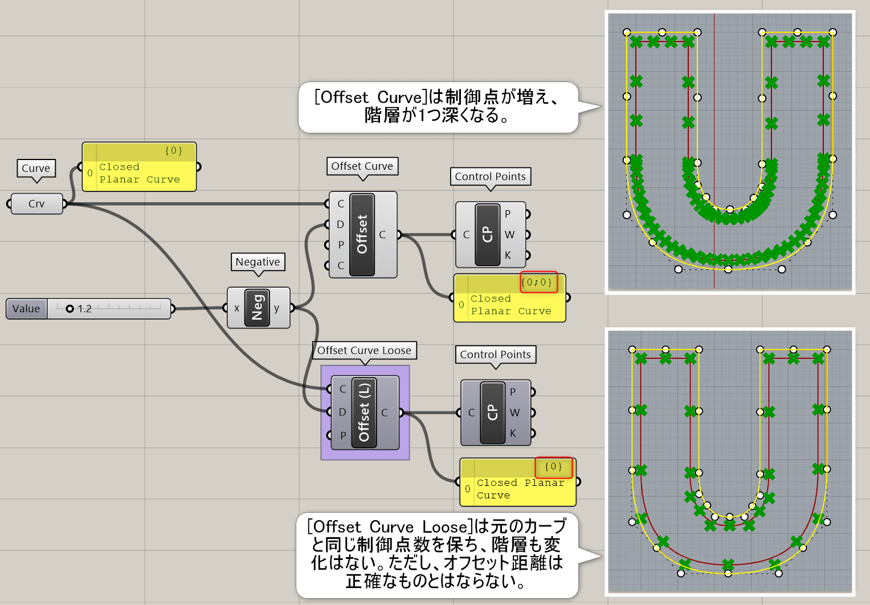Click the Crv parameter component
tap(36, 204)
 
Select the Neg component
tap(257, 308)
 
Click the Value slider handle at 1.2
tap(70, 309)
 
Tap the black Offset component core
tap(362, 234)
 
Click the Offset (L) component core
tap(364, 412)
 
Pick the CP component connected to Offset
tap(487, 234)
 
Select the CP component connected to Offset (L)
tap(492, 412)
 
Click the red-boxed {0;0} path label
tap(538, 282)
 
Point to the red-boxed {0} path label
tap(553, 467)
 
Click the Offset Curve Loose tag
tap(364, 350)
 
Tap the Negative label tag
tap(258, 262)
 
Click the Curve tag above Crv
tap(36, 168)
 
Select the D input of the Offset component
tap(340, 224)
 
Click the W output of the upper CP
tap(509, 235)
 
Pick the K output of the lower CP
tap(513, 434)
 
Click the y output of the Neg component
tap(277, 308)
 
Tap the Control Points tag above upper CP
tap(490, 177)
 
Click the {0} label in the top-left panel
tap(173, 151)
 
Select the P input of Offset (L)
tap(342, 436)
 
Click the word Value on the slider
tap(26, 309)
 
